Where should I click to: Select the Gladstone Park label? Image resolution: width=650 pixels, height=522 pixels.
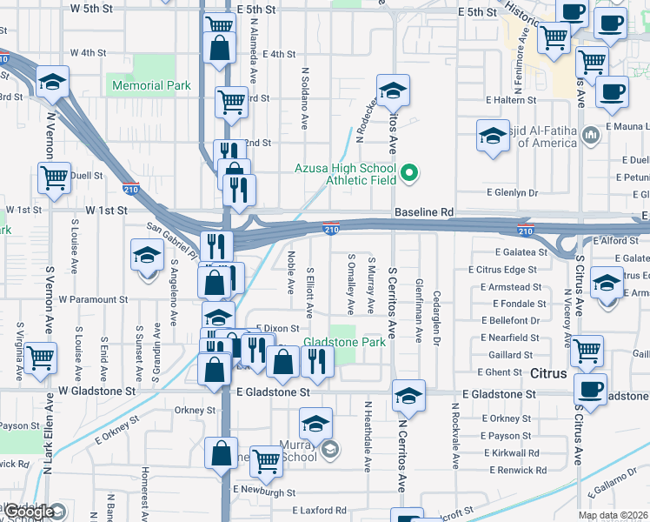(x=344, y=342)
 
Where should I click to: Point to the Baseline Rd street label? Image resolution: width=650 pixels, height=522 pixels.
(x=424, y=211)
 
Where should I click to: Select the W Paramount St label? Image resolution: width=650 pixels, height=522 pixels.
(x=93, y=298)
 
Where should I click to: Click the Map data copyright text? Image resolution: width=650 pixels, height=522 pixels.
(x=613, y=515)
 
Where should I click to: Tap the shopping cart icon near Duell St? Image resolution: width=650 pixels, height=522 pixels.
(x=54, y=178)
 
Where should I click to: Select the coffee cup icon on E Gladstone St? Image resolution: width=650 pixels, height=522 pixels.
(x=591, y=388)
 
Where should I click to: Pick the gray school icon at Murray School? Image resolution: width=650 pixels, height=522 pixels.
(x=330, y=450)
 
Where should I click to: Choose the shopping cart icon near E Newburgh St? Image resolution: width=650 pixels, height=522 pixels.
(x=266, y=463)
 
